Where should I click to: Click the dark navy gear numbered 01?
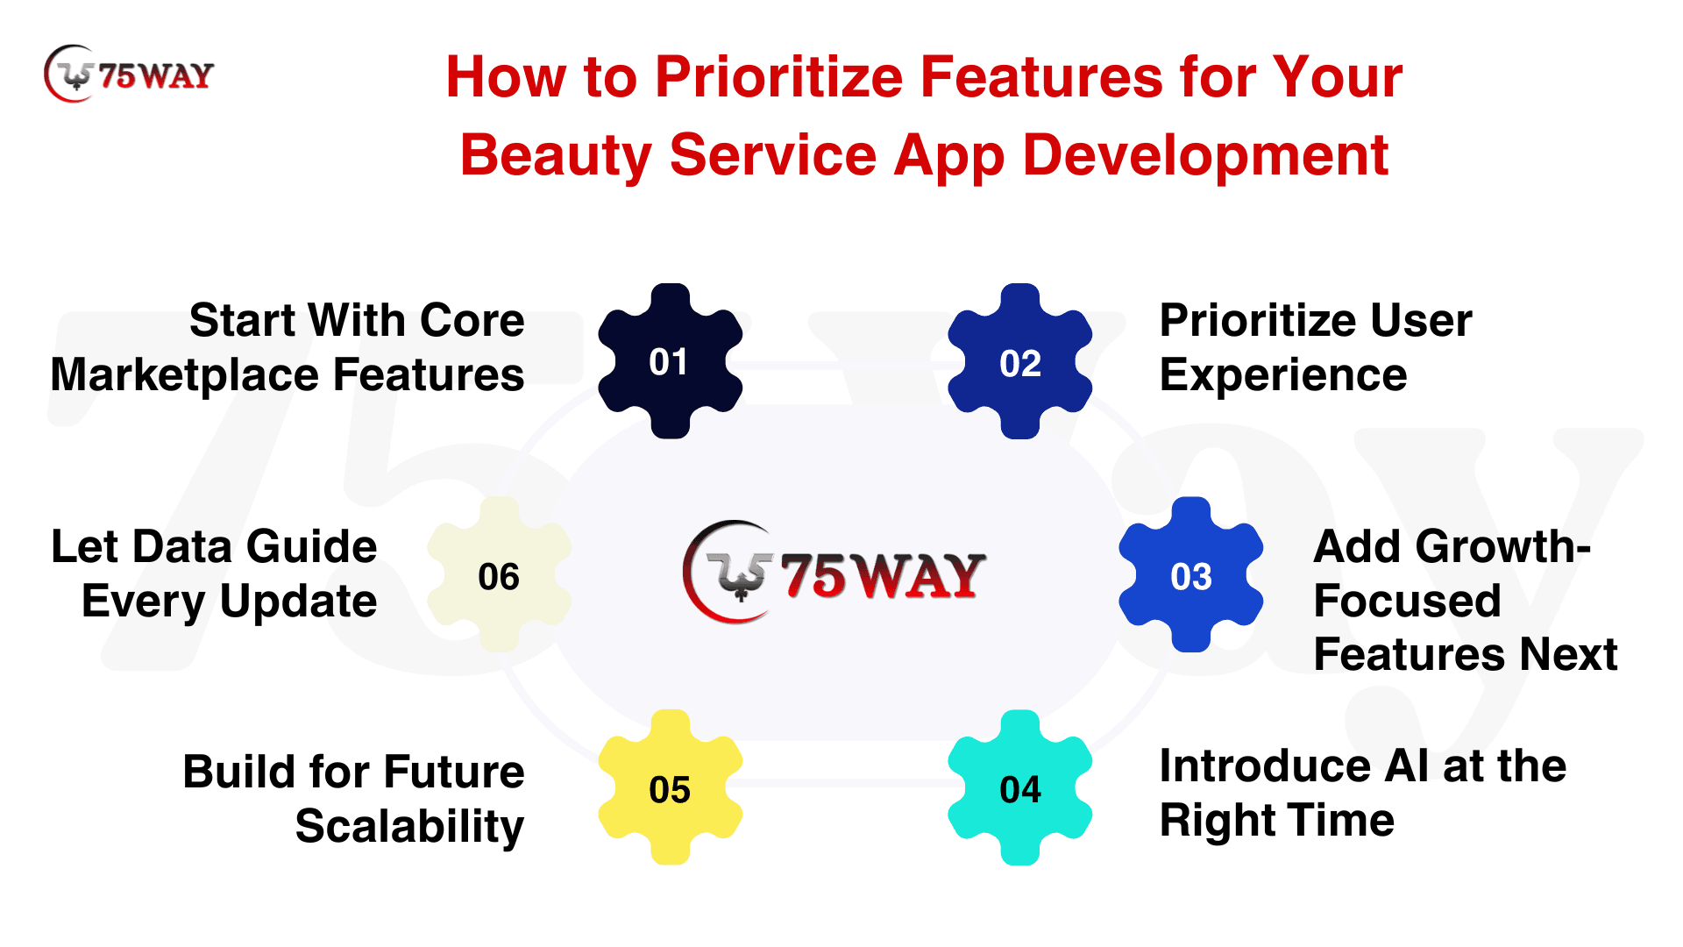click(670, 361)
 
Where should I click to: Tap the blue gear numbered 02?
click(1020, 361)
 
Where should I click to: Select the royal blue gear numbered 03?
click(1191, 575)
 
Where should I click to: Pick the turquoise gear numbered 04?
click(1020, 787)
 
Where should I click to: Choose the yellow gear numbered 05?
click(670, 787)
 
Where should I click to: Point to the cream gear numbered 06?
click(499, 575)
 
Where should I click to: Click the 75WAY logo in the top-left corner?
click(129, 74)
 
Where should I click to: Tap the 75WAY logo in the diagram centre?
click(834, 573)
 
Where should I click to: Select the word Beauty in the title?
click(556, 156)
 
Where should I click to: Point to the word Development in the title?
click(1205, 156)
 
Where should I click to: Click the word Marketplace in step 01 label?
click(185, 375)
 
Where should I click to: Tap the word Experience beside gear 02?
click(1283, 375)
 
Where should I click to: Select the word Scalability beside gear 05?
click(409, 826)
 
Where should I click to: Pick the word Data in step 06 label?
click(184, 546)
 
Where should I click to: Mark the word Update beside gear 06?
click(298, 602)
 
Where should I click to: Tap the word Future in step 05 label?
click(454, 772)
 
